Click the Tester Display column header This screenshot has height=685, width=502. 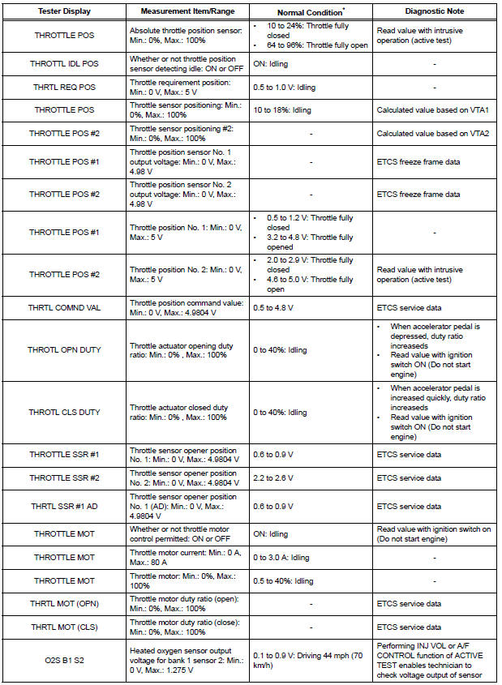click(64, 12)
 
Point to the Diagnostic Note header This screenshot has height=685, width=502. click(434, 12)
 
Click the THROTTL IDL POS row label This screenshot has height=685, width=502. click(65, 63)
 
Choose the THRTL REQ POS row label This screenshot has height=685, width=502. click(65, 87)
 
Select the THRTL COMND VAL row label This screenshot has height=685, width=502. click(65, 307)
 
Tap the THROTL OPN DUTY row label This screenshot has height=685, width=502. click(65, 349)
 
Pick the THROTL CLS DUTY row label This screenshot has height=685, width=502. click(65, 412)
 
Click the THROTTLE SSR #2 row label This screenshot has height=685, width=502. click(65, 477)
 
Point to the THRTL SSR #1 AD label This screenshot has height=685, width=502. click(65, 506)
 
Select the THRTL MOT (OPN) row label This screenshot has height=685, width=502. click(65, 604)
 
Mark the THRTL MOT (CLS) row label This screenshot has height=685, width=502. click(65, 627)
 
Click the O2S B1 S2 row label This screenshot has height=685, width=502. click(65, 660)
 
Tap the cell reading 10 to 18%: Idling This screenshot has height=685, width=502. click(284, 109)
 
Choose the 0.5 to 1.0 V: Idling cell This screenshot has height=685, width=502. click(285, 87)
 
